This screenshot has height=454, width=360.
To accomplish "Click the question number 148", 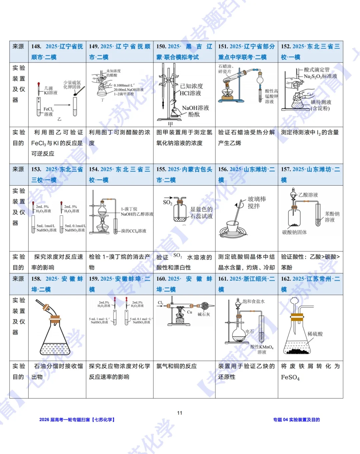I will pos(36,46).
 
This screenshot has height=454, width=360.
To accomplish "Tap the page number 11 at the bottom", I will pos(180,413).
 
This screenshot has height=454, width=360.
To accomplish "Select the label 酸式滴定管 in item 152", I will pos(316,70).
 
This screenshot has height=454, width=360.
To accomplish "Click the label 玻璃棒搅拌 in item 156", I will pos(257,202).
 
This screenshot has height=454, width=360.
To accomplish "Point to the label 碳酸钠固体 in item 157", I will pos(294,232).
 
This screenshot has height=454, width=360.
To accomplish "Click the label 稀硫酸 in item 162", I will pos(315,334).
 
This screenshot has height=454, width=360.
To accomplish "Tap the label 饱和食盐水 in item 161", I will pos(254,301).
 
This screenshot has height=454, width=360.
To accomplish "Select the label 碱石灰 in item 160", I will pos(204,314).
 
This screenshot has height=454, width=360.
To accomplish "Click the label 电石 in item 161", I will pos(250,331).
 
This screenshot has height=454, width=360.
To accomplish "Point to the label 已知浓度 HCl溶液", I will pos(191,89).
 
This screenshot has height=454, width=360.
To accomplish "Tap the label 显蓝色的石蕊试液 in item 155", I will pos(201,212).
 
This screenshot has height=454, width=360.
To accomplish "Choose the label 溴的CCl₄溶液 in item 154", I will pos(133,231).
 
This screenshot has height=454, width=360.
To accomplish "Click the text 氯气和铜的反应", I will pos(177,366).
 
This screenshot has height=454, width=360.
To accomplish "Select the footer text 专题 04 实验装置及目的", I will pos(296,420).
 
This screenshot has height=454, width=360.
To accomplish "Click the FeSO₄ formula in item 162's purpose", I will pos(290,377).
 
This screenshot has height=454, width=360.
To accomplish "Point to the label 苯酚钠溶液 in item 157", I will pos(332,217).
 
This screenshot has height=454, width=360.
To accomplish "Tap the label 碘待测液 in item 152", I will pos(321,102).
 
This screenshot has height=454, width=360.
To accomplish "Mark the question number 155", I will pos(161,169).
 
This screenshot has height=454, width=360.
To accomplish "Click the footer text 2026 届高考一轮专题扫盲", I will pos(65,420).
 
